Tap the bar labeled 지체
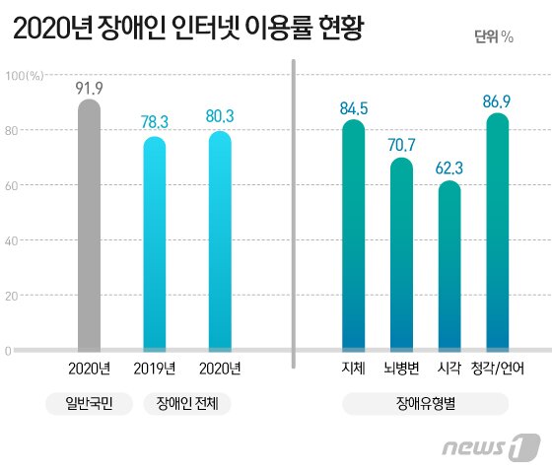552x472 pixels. pos(353,236)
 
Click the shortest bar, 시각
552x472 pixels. pos(449,266)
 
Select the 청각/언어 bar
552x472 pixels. pos(498,232)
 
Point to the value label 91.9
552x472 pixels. pos(90,88)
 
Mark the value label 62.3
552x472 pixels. pos(449,168)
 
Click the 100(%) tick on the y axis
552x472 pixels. pos(24,75)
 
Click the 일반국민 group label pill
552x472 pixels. pos(89,403)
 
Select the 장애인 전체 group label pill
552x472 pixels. pos(187,403)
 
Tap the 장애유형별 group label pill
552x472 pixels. pos(425,403)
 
